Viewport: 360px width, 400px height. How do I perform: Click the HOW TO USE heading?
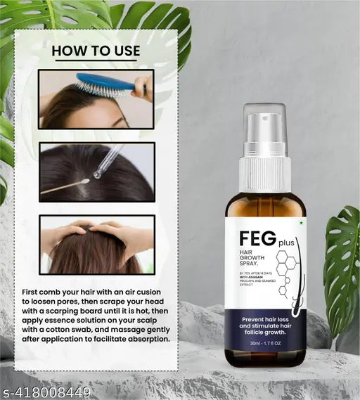[96, 51]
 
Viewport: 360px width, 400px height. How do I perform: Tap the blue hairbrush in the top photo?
[105, 84]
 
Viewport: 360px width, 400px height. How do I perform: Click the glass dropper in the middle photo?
[109, 160]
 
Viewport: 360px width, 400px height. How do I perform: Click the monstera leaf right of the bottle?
[341, 267]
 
